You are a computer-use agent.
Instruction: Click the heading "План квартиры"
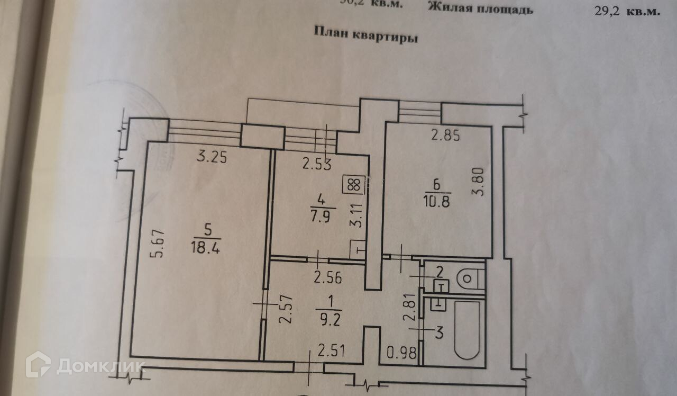366,35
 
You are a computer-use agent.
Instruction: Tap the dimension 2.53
317,165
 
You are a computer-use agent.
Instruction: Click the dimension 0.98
402,352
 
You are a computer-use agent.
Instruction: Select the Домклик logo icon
38,365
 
